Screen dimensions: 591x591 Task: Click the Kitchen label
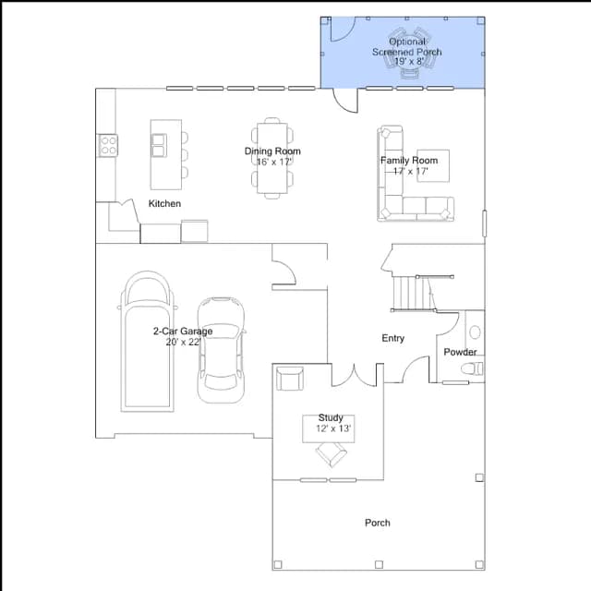tap(164, 203)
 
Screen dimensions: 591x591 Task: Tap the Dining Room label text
tap(272, 151)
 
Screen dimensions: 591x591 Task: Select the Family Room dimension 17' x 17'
tap(410, 171)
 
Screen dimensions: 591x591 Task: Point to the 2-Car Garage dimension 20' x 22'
tap(183, 342)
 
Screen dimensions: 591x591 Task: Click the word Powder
tap(460, 352)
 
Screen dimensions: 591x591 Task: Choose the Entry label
tap(393, 338)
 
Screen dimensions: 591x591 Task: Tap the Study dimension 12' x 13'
tap(333, 428)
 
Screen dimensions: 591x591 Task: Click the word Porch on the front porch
tap(378, 523)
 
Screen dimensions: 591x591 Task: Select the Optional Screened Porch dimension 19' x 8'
tap(409, 61)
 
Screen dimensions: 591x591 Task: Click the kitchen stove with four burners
tap(108, 146)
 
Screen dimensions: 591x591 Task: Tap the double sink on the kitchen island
tap(159, 146)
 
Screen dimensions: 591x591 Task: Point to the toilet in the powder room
tap(472, 368)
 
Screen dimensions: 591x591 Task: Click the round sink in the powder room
tap(475, 332)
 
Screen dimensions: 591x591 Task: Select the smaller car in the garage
tap(222, 350)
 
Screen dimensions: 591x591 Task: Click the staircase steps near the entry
tap(413, 294)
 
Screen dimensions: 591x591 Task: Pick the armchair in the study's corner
tap(289, 379)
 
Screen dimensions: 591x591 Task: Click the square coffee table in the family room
tap(433, 166)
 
